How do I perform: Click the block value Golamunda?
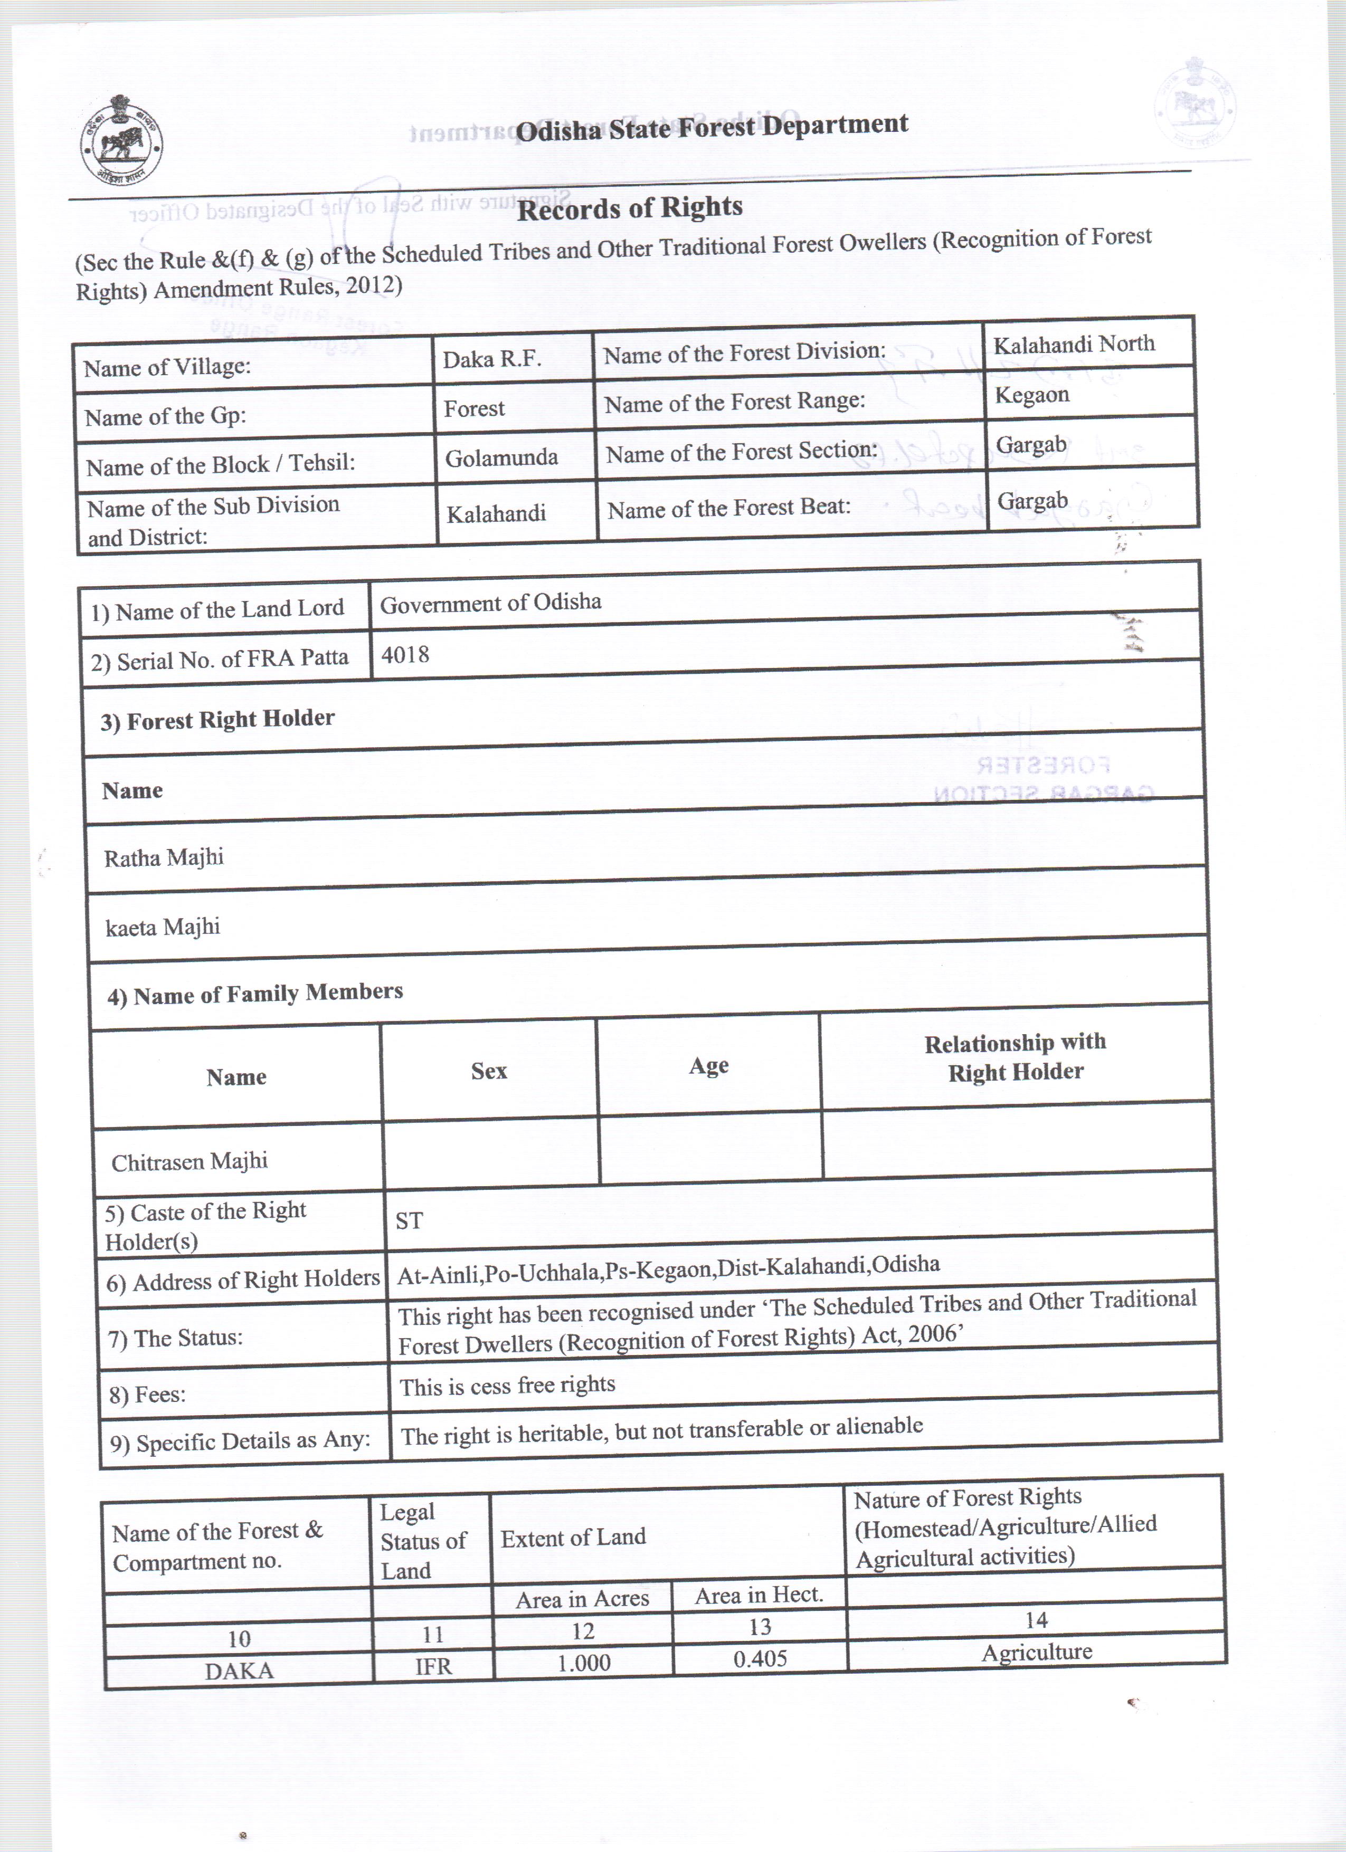(501, 457)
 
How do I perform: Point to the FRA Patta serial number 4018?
(405, 655)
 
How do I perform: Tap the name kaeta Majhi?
(163, 927)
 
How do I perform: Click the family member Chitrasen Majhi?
(189, 1161)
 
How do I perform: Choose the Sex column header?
(489, 1071)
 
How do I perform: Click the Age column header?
(708, 1066)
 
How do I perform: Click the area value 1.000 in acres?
(583, 1663)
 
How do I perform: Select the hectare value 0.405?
(760, 1658)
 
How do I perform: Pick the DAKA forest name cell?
(239, 1670)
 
